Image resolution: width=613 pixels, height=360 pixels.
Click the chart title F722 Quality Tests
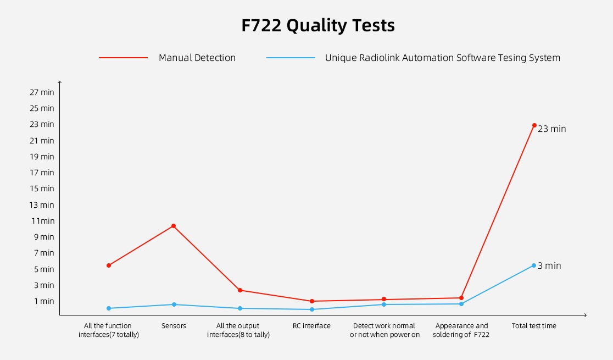pyautogui.click(x=317, y=26)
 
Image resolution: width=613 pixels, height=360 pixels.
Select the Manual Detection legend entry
pyautogui.click(x=197, y=58)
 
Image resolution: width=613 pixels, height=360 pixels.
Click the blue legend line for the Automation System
pyautogui.click(x=291, y=58)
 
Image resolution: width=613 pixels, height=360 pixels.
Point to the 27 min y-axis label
pyautogui.click(x=42, y=92)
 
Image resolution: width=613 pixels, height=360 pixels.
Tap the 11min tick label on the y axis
pyautogui.click(x=42, y=221)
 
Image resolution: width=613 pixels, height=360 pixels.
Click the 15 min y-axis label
pyautogui.click(x=42, y=189)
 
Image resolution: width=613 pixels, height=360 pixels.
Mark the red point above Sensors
pyautogui.click(x=174, y=226)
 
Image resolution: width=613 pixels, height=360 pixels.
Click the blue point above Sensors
pyautogui.click(x=174, y=304)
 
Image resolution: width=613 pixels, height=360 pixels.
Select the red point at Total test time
pyautogui.click(x=534, y=125)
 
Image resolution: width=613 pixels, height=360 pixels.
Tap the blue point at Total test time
pyautogui.click(x=534, y=265)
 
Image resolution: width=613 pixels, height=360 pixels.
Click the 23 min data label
pyautogui.click(x=551, y=129)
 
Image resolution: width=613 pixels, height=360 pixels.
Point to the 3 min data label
pyautogui.click(x=549, y=266)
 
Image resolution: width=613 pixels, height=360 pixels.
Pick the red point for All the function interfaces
pyautogui.click(x=109, y=265)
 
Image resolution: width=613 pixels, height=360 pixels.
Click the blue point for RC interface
pyautogui.click(x=312, y=309)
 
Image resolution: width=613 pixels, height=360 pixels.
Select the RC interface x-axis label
pyautogui.click(x=312, y=326)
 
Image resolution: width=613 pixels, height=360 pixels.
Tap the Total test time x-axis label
pyautogui.click(x=534, y=326)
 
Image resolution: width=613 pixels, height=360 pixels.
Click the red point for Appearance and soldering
pyautogui.click(x=461, y=298)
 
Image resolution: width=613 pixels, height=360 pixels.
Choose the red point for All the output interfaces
pyautogui.click(x=240, y=290)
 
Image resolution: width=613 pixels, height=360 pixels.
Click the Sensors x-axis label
pyautogui.click(x=174, y=326)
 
